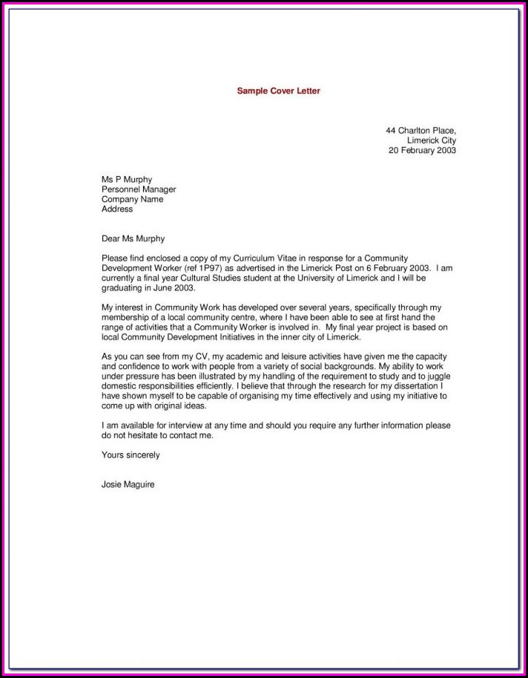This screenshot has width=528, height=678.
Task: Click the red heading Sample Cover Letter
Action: [278, 91]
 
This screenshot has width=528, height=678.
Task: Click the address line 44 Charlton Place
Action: [420, 131]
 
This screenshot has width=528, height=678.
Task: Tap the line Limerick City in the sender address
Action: [432, 140]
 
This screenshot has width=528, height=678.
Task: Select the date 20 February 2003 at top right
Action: [422, 150]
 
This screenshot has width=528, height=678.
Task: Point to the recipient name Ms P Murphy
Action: [127, 180]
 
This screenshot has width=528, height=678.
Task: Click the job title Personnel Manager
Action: [139, 189]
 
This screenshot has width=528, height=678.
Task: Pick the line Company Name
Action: [132, 199]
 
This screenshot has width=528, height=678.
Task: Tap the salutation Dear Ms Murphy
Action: [133, 239]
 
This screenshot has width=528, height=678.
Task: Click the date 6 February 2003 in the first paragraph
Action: [395, 268]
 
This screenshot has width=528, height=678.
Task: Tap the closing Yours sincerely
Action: [131, 454]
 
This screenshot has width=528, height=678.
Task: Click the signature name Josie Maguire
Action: [128, 484]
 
